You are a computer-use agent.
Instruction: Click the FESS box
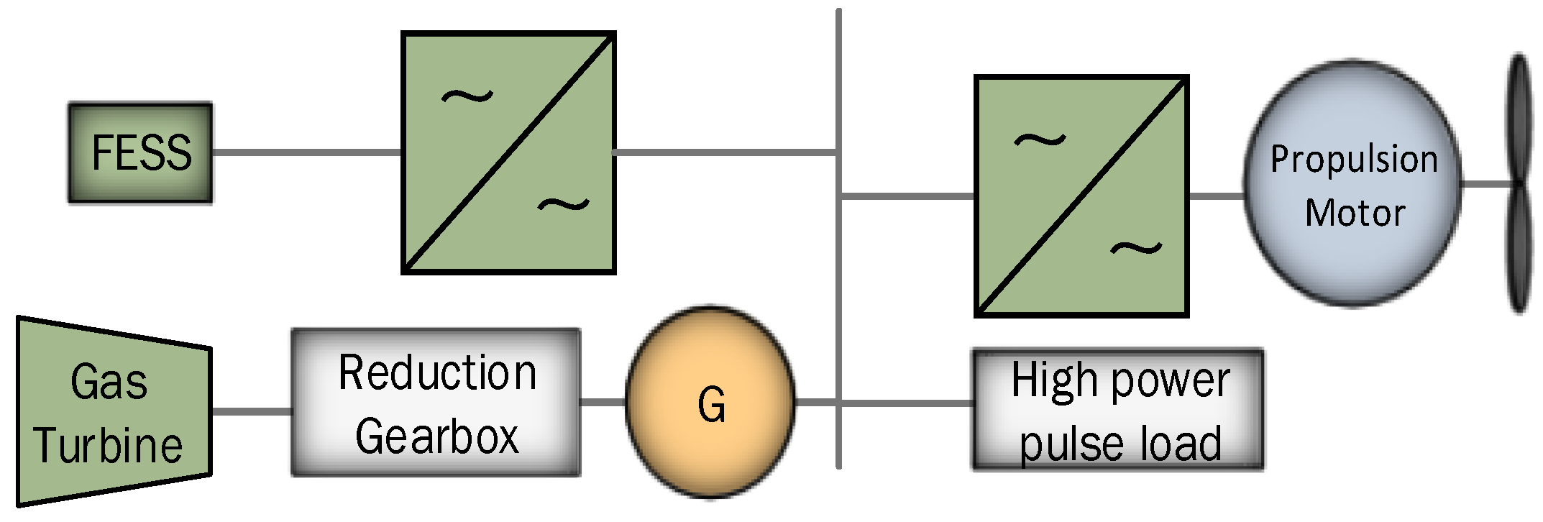[140, 152]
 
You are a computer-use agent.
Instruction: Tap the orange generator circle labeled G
[710, 403]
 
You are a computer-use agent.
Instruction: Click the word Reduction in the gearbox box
[437, 373]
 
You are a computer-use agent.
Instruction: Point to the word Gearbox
[436, 436]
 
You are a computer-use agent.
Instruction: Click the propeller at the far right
[1519, 183]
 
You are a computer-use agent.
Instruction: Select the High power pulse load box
[1118, 411]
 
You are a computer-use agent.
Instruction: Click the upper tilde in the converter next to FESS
[467, 96]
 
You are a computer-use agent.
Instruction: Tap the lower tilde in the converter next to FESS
[564, 206]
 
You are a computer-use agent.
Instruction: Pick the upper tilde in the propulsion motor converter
[1040, 139]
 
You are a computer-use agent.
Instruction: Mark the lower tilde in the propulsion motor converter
[1136, 249]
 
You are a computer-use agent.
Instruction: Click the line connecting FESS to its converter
[306, 152]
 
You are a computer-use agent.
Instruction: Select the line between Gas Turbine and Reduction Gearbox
[252, 411]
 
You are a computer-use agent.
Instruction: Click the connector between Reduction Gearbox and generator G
[603, 402]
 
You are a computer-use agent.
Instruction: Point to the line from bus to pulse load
[906, 403]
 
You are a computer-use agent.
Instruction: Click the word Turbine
[108, 445]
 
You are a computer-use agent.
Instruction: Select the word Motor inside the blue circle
[1355, 213]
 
